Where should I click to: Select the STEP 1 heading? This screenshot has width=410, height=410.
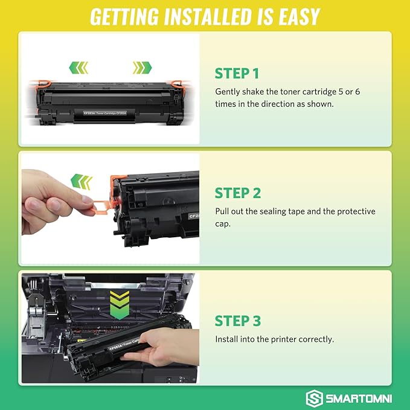pos(237,74)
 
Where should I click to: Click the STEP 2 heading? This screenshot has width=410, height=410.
pos(238,193)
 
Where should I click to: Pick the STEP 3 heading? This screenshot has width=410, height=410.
pos(238,320)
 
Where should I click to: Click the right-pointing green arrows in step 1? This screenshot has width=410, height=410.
pos(141,66)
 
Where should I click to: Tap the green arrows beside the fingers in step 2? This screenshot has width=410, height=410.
pos(82,180)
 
